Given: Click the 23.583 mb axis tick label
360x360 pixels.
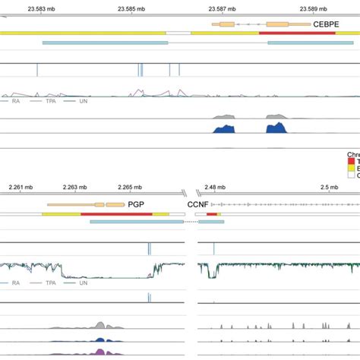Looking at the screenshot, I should tap(40, 8).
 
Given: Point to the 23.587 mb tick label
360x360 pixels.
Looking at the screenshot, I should tap(221, 8).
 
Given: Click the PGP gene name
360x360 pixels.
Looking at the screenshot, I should tap(137, 204).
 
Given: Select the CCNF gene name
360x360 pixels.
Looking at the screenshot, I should tap(197, 204).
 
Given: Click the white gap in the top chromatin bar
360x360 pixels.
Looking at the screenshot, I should tap(178, 33).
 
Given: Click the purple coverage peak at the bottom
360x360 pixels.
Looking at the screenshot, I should tap(101, 352).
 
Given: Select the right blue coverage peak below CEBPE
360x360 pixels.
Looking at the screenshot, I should tap(275, 128).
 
